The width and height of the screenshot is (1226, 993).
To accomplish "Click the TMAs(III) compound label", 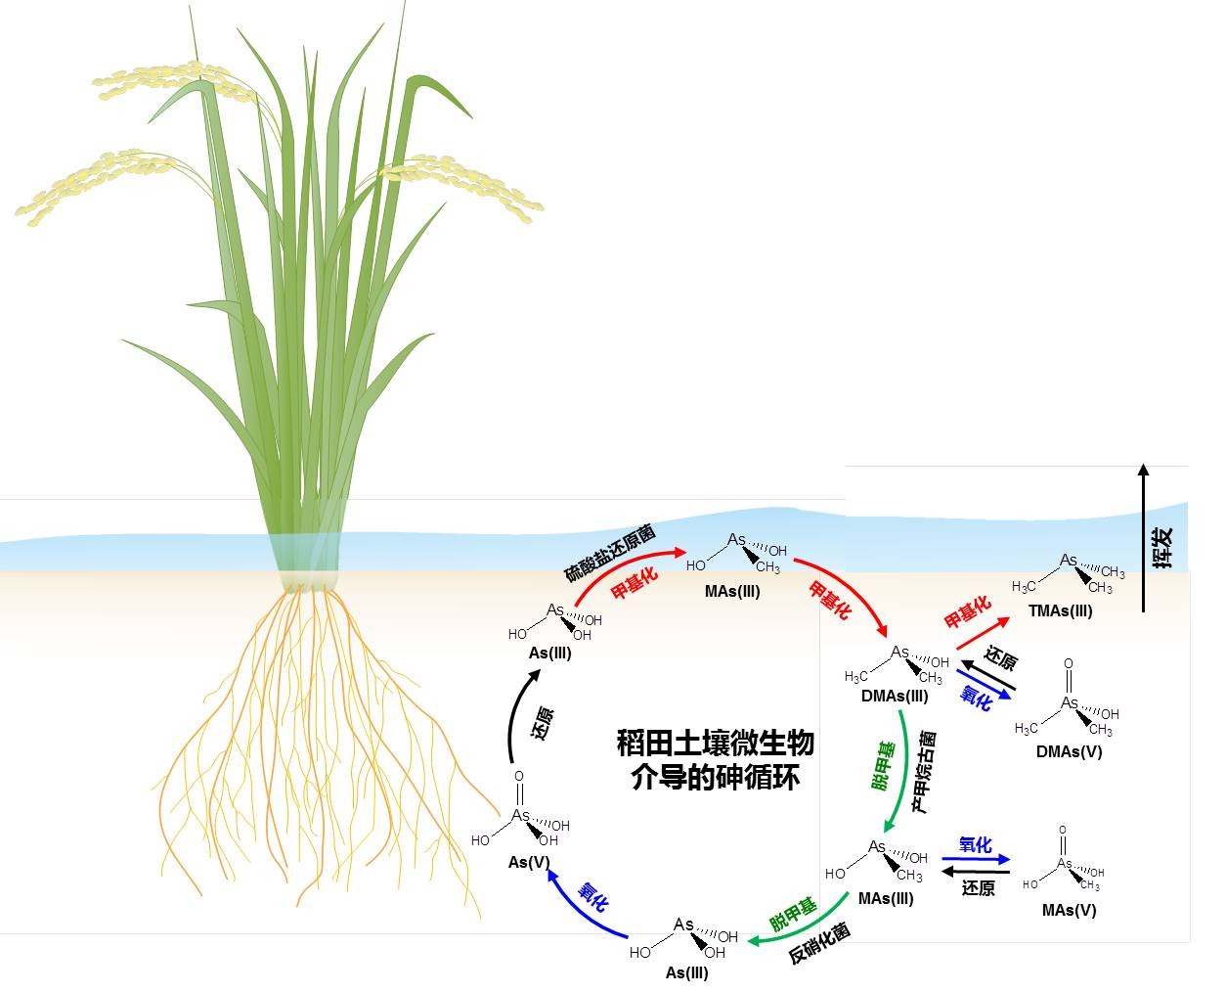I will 1060,610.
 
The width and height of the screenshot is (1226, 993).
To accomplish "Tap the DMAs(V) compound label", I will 1069,751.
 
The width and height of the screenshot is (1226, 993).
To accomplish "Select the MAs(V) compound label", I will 1069,910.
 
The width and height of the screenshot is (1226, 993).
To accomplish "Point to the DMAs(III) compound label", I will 895,697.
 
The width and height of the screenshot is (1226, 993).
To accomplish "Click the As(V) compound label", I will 529,863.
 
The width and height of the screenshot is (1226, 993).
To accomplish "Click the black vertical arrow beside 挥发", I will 1143,538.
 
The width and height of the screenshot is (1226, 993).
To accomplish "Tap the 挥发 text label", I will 1163,548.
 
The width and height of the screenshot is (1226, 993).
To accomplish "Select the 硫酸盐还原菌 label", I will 609,554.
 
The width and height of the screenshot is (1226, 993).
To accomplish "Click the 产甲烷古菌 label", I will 924,772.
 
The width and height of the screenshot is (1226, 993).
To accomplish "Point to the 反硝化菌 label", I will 819,943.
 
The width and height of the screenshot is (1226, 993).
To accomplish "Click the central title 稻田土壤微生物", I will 715,743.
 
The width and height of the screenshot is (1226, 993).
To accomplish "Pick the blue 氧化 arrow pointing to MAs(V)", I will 975,860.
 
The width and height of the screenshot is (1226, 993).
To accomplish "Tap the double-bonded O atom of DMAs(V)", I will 1068,663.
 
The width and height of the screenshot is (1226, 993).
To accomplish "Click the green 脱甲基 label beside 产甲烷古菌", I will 882,766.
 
